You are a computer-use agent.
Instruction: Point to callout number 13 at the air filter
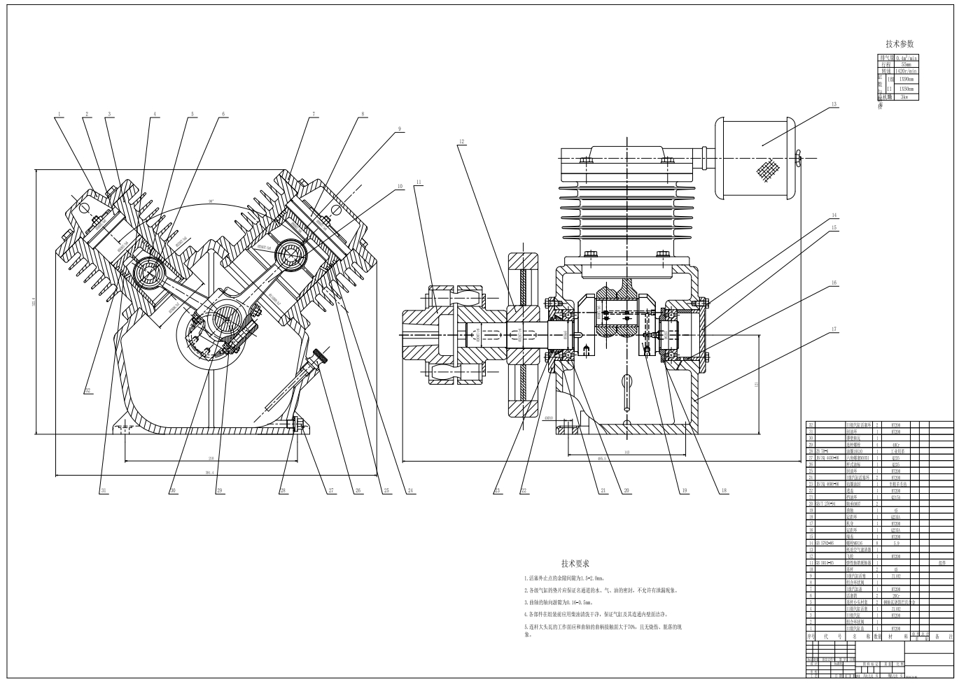834,105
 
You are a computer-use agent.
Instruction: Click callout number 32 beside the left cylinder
87,390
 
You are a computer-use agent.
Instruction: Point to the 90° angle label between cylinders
210,201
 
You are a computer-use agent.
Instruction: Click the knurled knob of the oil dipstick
321,356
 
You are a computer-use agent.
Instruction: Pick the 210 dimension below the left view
210,458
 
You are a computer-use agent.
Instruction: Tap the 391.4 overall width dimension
210,473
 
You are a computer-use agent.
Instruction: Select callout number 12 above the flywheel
462,142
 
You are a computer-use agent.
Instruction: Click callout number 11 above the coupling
418,183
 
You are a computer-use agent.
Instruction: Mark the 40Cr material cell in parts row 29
895,444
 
